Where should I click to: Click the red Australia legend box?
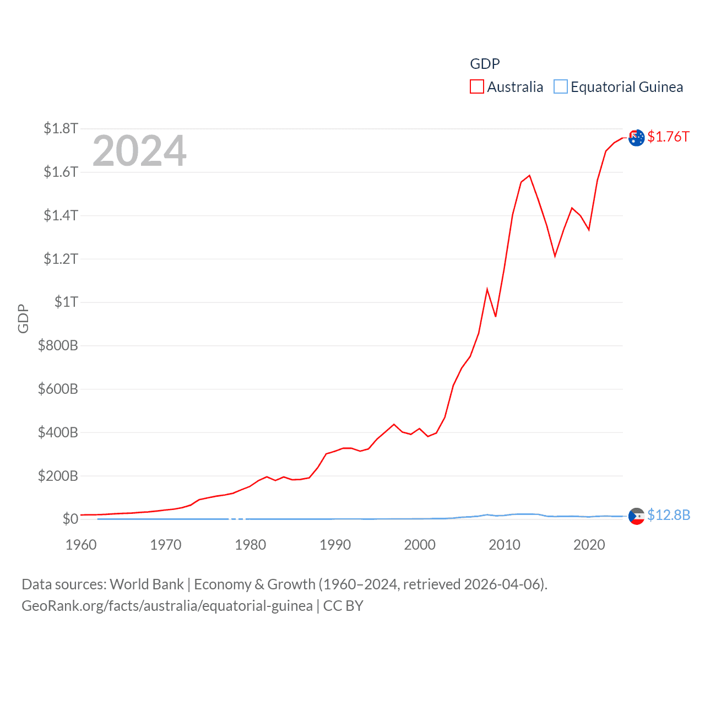pos(476,87)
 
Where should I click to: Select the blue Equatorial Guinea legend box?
pos(560,87)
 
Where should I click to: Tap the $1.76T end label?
pos(668,137)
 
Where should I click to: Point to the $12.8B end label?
pos(669,515)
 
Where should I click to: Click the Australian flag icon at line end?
pos(636,138)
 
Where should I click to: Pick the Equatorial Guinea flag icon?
pos(636,516)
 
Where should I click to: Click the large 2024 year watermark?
pos(139,151)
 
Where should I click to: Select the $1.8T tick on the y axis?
pos(61,129)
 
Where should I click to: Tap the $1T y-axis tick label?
pos(66,302)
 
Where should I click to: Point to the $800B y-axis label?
pos(58,345)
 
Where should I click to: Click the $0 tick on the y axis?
pos(70,519)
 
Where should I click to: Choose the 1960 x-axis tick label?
pos(81,545)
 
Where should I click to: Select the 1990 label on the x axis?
pos(335,545)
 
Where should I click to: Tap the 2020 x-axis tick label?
pos(589,545)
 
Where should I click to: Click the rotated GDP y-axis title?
pos(23,318)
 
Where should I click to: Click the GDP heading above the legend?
pos(485,64)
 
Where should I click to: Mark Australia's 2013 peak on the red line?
pos(529,176)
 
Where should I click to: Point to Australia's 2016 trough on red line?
pos(555,256)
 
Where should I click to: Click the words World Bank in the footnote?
pos(147,584)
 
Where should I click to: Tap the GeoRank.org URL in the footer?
pos(167,606)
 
